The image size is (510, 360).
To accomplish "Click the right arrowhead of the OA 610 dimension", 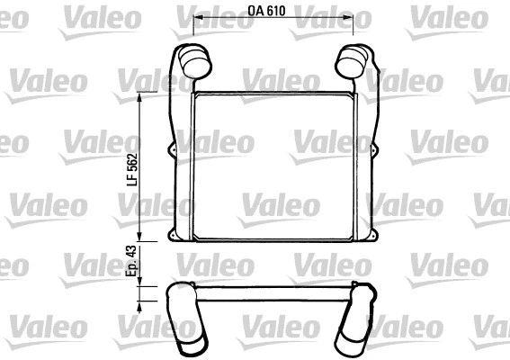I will tap(350, 20).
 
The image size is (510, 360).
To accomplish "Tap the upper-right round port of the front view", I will tap(349, 63).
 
